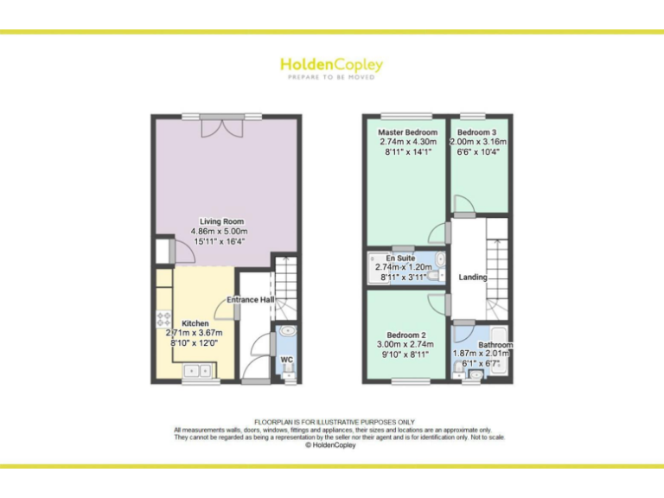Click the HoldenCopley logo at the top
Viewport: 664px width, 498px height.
tap(331, 65)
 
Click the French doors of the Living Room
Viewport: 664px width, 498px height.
tap(219, 126)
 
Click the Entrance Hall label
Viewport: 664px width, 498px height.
tap(251, 300)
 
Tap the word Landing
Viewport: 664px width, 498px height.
tap(474, 278)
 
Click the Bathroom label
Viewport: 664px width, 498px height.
tap(496, 345)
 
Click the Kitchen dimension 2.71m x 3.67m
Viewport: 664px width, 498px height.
tap(195, 333)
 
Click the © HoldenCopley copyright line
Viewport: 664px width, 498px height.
tap(332, 445)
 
